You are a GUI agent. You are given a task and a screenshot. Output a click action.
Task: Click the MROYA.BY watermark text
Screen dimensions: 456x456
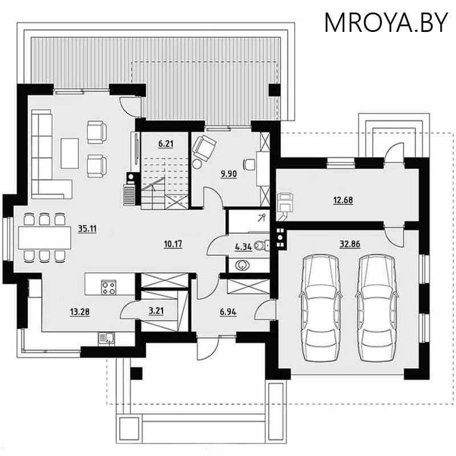pos(386,23)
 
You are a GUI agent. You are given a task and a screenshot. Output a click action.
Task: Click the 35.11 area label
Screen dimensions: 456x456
pos(87,229)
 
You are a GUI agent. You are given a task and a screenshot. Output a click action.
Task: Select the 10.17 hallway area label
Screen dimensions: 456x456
pos(173,244)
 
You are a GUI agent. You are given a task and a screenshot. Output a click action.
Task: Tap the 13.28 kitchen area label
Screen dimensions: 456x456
pos(80,312)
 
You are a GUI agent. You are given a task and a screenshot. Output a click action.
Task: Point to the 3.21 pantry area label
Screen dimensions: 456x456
pos(156,311)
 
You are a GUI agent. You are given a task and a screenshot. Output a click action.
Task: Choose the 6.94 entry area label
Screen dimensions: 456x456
pos(228,312)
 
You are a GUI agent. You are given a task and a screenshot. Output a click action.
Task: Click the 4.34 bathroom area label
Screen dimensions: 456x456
pos(243,247)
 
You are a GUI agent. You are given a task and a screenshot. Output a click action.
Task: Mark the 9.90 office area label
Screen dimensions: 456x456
pos(229,174)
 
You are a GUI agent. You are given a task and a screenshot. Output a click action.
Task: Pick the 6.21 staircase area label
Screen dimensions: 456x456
pos(166,144)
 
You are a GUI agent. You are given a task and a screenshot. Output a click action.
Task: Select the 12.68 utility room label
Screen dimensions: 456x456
pos(343,201)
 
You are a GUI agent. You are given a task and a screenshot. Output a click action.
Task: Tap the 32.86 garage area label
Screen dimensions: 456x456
pos(350,244)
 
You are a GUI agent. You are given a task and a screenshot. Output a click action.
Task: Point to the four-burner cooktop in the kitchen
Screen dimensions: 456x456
pos(108,287)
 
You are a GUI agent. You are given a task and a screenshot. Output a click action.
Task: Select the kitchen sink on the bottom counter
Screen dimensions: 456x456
pos(107,339)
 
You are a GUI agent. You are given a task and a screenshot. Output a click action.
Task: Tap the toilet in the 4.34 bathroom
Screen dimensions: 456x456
pos(261,246)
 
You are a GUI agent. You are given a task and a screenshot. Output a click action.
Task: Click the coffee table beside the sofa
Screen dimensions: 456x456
pos(70,153)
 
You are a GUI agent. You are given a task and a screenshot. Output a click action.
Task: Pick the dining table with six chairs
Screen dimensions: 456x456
pos(44,238)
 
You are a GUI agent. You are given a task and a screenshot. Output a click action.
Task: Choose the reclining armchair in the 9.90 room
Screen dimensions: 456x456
pos(204,148)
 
